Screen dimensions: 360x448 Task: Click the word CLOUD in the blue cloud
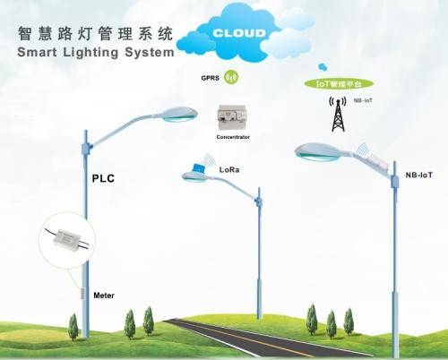click(240, 34)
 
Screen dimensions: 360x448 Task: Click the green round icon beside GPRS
click(230, 77)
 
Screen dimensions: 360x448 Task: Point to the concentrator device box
click(231, 116)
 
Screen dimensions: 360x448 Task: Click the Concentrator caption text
click(232, 138)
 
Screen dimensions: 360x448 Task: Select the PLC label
click(104, 178)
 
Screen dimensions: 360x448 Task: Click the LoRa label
click(231, 167)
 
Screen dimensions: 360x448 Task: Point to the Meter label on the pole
click(105, 295)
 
